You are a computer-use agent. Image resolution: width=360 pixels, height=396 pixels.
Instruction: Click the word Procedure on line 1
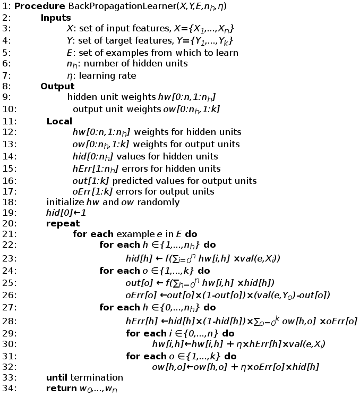pos(37,6)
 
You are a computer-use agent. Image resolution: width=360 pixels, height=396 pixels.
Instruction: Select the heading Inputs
pos(56,18)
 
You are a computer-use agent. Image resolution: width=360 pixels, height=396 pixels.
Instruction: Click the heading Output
pos(57,87)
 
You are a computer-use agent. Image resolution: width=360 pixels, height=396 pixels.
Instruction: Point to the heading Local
pos(59,121)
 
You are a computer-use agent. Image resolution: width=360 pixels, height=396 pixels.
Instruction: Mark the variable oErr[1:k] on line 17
pos(93,191)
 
